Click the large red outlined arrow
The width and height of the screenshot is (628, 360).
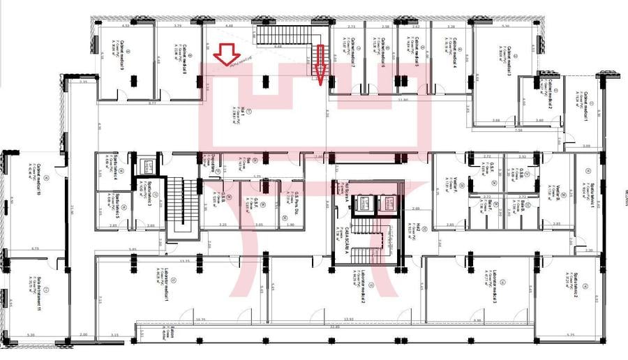(x=227, y=54)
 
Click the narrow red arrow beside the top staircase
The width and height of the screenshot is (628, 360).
(x=321, y=63)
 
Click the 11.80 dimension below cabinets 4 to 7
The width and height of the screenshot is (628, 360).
(x=402, y=100)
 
